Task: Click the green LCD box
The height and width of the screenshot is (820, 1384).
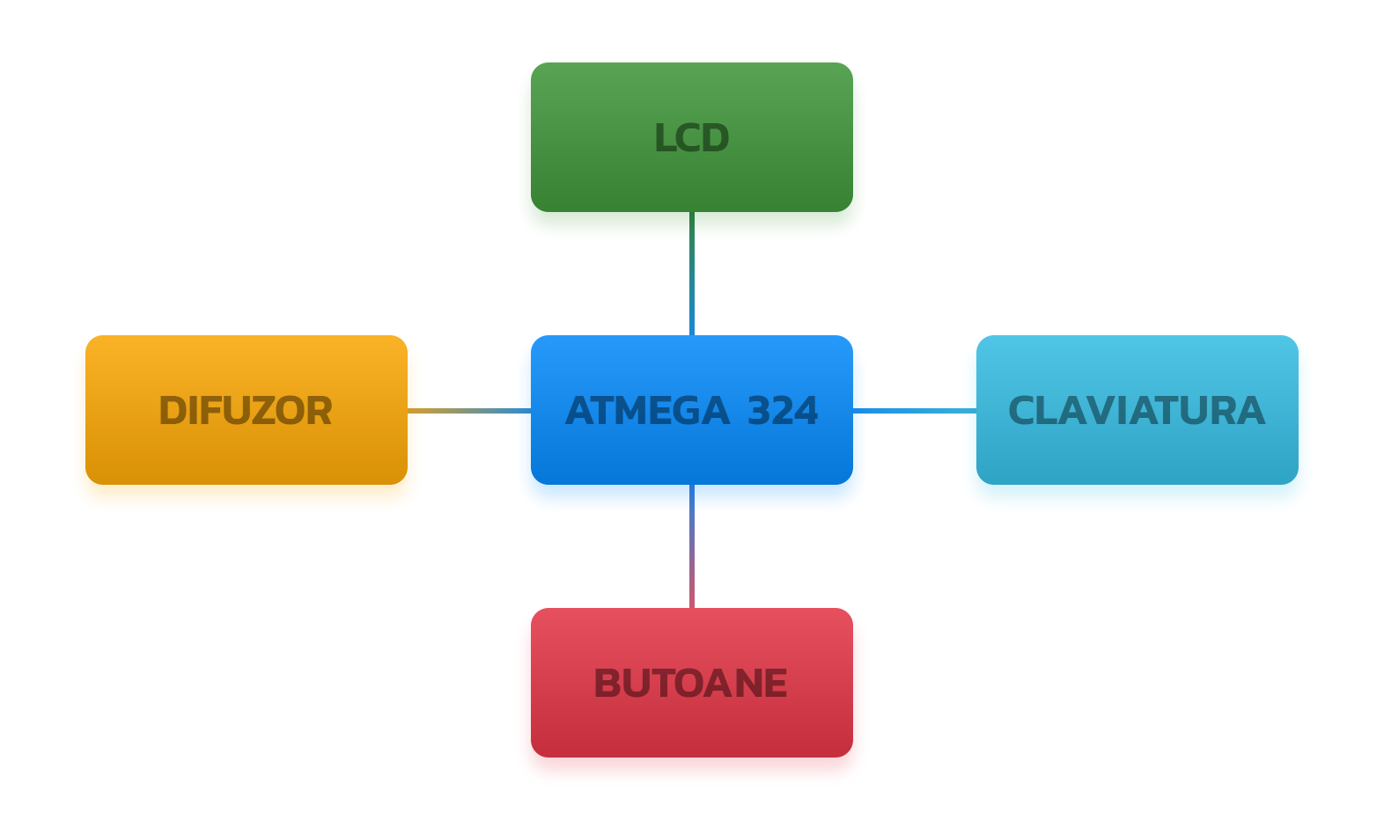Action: (691, 137)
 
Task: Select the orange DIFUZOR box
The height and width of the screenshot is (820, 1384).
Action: (247, 410)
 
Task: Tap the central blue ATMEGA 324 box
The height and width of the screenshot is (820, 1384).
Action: (691, 410)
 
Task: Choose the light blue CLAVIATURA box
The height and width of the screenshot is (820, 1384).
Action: (1137, 410)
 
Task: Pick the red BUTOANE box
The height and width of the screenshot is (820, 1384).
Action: (691, 682)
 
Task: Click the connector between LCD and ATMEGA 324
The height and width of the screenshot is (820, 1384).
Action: (692, 274)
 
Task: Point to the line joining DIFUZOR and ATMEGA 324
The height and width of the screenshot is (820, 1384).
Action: (469, 411)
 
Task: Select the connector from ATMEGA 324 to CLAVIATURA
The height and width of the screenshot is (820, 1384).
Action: (915, 411)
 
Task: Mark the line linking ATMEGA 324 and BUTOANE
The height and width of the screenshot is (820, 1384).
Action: (692, 546)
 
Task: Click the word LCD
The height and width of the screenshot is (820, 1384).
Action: (691, 138)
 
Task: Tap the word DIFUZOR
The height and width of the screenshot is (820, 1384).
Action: (246, 411)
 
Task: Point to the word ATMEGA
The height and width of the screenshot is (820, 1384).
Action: (647, 411)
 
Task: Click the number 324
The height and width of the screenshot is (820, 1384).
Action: (783, 411)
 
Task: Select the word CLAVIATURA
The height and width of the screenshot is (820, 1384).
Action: (1137, 411)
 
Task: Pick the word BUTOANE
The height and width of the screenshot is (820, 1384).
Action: (691, 684)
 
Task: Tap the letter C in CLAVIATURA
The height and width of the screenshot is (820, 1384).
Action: (1022, 411)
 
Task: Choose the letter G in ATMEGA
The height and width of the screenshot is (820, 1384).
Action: (687, 411)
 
